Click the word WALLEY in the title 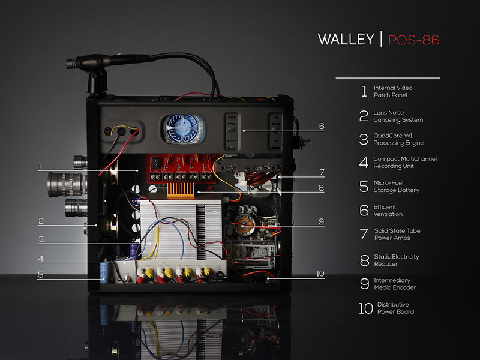[346, 39]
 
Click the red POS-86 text [414, 40]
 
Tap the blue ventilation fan [183, 128]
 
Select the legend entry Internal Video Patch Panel [393, 91]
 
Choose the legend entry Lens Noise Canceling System [398, 116]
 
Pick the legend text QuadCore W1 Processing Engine [398, 139]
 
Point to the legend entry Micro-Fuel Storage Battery [397, 187]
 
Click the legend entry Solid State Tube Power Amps [397, 234]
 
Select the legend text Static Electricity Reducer [397, 260]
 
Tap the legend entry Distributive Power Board [395, 308]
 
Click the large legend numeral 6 [364, 211]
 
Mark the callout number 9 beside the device [321, 221]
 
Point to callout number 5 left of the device [40, 275]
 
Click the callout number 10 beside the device [320, 274]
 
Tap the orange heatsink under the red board [181, 190]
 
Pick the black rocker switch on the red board [156, 163]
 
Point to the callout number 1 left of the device [40, 167]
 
